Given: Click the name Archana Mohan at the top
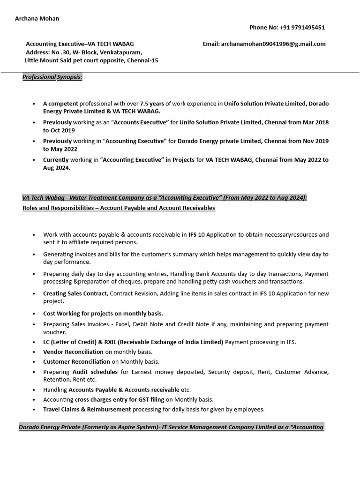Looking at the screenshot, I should click(37, 18).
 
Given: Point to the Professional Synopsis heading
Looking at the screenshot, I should click(52, 77).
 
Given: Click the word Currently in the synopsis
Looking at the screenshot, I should click(56, 160).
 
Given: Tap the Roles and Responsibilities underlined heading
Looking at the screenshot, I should click(119, 208).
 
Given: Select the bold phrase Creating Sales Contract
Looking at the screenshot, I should click(75, 293).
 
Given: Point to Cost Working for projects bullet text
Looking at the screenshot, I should click(103, 313).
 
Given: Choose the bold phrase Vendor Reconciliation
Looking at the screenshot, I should click(73, 352).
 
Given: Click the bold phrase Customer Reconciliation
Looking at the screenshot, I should click(76, 361).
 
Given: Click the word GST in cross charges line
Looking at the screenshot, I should click(132, 399).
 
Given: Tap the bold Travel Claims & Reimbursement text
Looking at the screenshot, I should click(87, 409).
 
